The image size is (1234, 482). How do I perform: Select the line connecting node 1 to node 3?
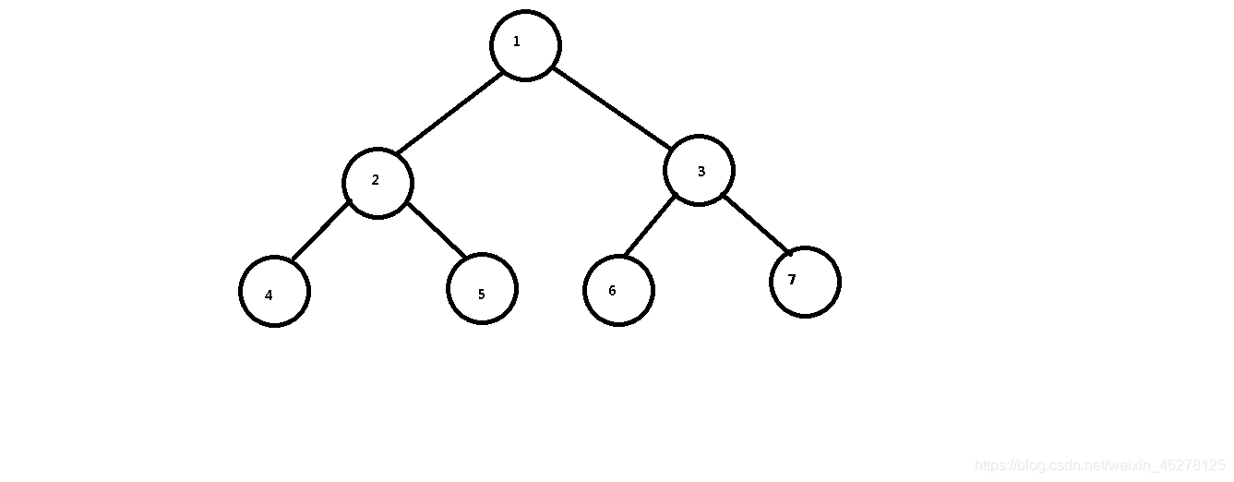(612, 108)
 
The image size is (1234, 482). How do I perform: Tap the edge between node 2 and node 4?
(320, 230)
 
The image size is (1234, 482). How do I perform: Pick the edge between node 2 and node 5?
(437, 229)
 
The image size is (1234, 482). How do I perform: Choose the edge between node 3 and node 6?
(650, 226)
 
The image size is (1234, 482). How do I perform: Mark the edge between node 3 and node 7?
(756, 224)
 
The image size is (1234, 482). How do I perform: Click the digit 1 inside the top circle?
(516, 42)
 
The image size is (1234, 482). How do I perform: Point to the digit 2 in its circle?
(375, 180)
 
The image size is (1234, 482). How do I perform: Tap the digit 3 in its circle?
(701, 172)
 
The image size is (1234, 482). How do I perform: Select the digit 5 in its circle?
(481, 295)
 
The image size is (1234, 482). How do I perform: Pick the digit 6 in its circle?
(612, 291)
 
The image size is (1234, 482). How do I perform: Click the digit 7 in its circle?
(792, 280)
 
